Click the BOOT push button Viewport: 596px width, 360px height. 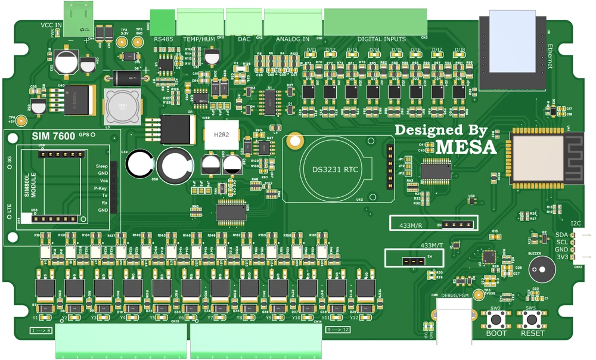pos(496,320)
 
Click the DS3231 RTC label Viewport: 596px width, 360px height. pos(336,169)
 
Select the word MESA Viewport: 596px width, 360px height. pos(467,146)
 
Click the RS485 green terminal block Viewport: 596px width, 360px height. pos(163,23)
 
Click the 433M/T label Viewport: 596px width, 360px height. pos(432,246)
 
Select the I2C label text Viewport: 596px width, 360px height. pos(576,224)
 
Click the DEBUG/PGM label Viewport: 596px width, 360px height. pos(454,294)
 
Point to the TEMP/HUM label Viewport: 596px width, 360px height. pos(198,39)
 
